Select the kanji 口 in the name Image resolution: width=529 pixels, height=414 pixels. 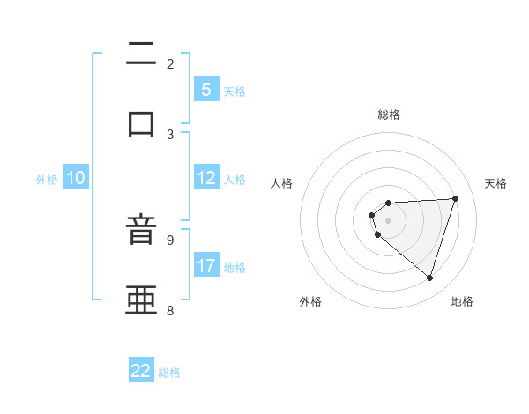click(x=141, y=123)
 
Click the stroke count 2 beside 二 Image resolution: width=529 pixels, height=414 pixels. click(x=170, y=63)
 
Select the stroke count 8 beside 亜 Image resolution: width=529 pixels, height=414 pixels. click(x=170, y=310)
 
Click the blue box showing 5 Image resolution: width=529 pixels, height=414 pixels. click(x=205, y=90)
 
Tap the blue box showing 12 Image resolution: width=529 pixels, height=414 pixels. click(x=205, y=178)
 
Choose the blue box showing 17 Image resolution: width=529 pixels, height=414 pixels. click(x=205, y=266)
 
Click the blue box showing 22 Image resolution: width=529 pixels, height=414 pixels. click(x=141, y=371)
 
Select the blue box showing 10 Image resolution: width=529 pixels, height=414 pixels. click(x=76, y=178)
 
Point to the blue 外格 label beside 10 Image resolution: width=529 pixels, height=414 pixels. click(x=47, y=179)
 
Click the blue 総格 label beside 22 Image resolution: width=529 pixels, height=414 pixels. click(x=169, y=372)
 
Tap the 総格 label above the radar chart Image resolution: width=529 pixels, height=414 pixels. click(x=389, y=115)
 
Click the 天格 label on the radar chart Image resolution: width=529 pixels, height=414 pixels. click(x=495, y=183)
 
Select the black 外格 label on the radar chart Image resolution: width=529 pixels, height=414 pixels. click(x=310, y=301)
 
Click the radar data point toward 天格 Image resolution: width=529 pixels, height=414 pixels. click(x=455, y=198)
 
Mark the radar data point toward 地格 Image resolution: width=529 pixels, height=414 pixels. click(x=429, y=277)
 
